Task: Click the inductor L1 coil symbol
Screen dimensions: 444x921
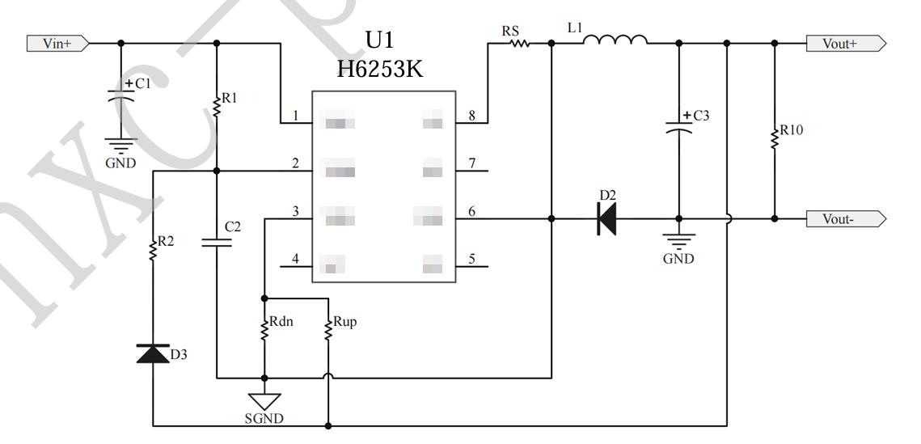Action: [x=615, y=40]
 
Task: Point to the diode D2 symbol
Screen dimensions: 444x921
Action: [x=606, y=218]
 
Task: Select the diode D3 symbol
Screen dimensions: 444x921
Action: [x=153, y=353]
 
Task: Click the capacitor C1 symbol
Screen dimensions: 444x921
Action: [x=120, y=95]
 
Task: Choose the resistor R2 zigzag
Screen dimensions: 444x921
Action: [x=153, y=250]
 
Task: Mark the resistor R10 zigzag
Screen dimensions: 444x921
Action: [x=775, y=137]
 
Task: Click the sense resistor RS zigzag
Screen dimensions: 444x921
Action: [x=518, y=44]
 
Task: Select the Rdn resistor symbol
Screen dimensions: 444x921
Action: [x=264, y=329]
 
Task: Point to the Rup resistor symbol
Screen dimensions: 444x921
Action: [x=328, y=329]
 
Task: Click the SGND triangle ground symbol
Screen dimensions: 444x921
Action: [x=264, y=400]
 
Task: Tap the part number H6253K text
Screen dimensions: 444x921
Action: [x=380, y=70]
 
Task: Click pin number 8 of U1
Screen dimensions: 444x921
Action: [x=471, y=116]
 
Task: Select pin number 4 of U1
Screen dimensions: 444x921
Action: [x=295, y=259]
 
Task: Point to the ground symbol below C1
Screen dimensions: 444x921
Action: [x=120, y=146]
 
